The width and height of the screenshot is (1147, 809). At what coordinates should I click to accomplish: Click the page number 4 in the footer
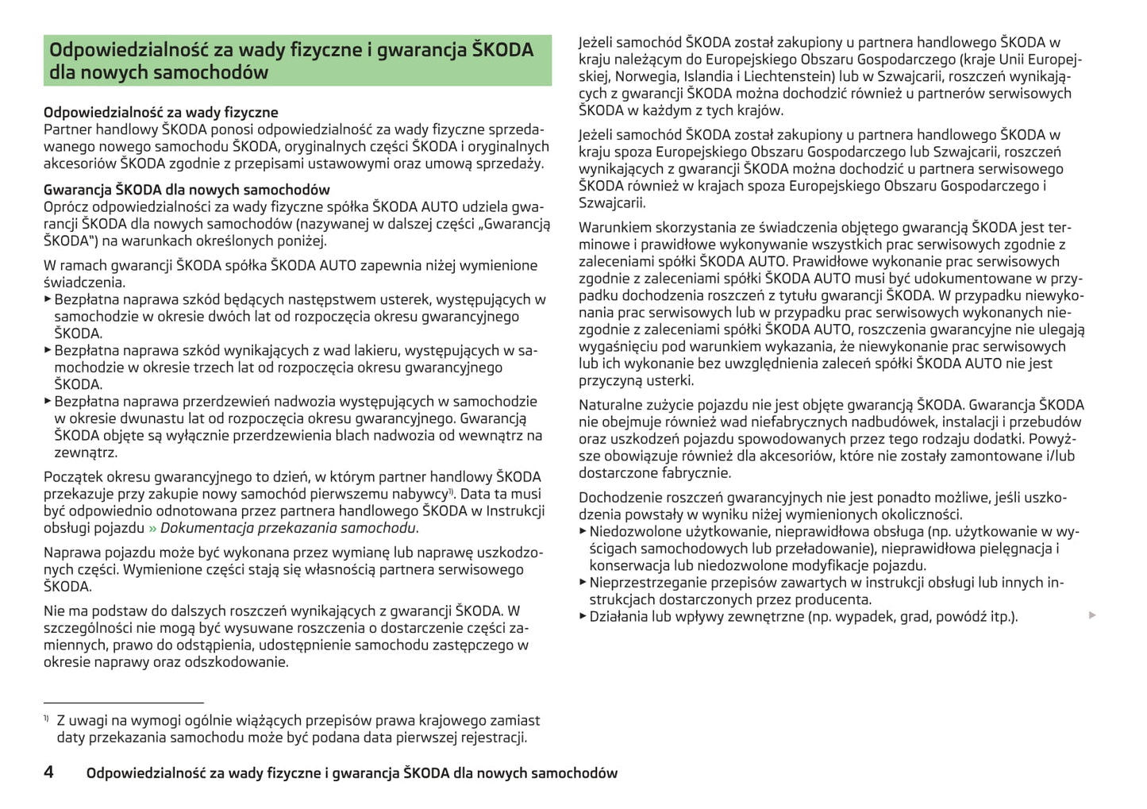tap(48, 772)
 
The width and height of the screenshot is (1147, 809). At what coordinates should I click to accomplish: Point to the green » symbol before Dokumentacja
tap(152, 528)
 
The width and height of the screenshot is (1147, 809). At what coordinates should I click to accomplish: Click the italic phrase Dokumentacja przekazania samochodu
tap(288, 528)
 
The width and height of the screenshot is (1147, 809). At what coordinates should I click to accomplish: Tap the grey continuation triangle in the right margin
tap(1092, 615)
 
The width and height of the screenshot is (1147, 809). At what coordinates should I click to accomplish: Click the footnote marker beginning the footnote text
tap(46, 718)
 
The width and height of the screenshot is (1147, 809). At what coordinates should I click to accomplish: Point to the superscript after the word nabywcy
tap(452, 491)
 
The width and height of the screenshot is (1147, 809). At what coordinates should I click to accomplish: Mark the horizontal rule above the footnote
tap(124, 703)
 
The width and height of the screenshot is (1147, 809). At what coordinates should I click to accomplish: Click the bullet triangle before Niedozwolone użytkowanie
tap(583, 531)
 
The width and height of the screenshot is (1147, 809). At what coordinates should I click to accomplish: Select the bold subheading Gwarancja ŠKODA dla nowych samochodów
tap(187, 190)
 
